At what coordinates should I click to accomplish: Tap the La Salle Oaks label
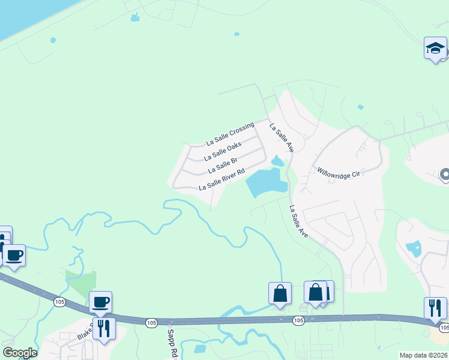tap(223, 151)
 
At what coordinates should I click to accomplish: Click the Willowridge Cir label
tap(337, 172)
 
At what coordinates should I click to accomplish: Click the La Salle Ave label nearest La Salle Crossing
tap(281, 138)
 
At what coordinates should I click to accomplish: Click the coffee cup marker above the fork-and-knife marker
tap(100, 302)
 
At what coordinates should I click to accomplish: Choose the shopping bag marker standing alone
tap(280, 294)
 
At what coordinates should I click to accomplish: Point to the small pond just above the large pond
tap(277, 161)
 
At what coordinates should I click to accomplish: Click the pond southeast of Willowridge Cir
tap(414, 248)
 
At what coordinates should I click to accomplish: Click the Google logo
tap(20, 353)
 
